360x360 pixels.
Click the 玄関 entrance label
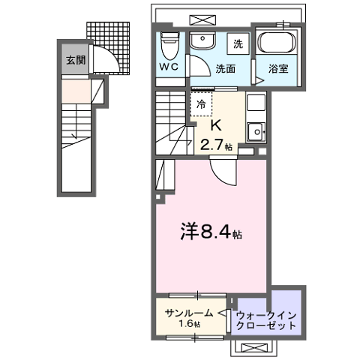[73, 61]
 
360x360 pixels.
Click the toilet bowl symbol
[170, 44]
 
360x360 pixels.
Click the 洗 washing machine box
[237, 44]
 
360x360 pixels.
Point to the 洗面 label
[226, 68]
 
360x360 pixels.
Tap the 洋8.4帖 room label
[211, 232]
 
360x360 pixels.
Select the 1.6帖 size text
[190, 324]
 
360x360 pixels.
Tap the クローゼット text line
[266, 327]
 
